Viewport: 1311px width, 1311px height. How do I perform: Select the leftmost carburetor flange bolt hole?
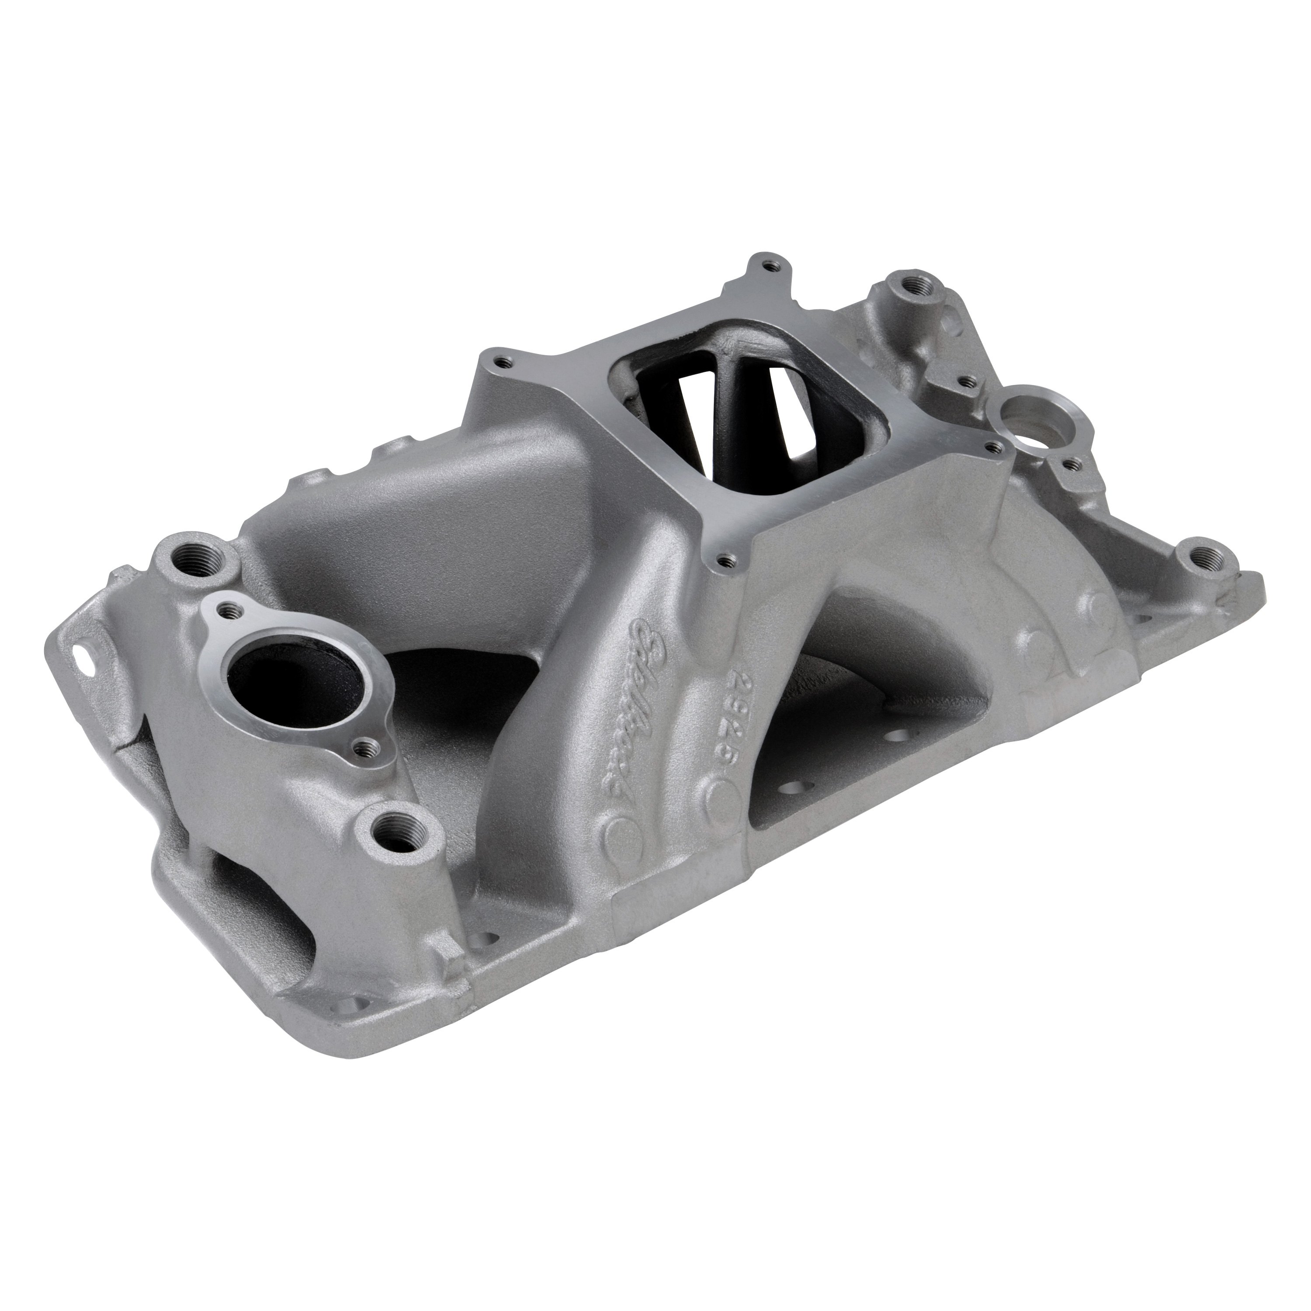(x=502, y=362)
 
